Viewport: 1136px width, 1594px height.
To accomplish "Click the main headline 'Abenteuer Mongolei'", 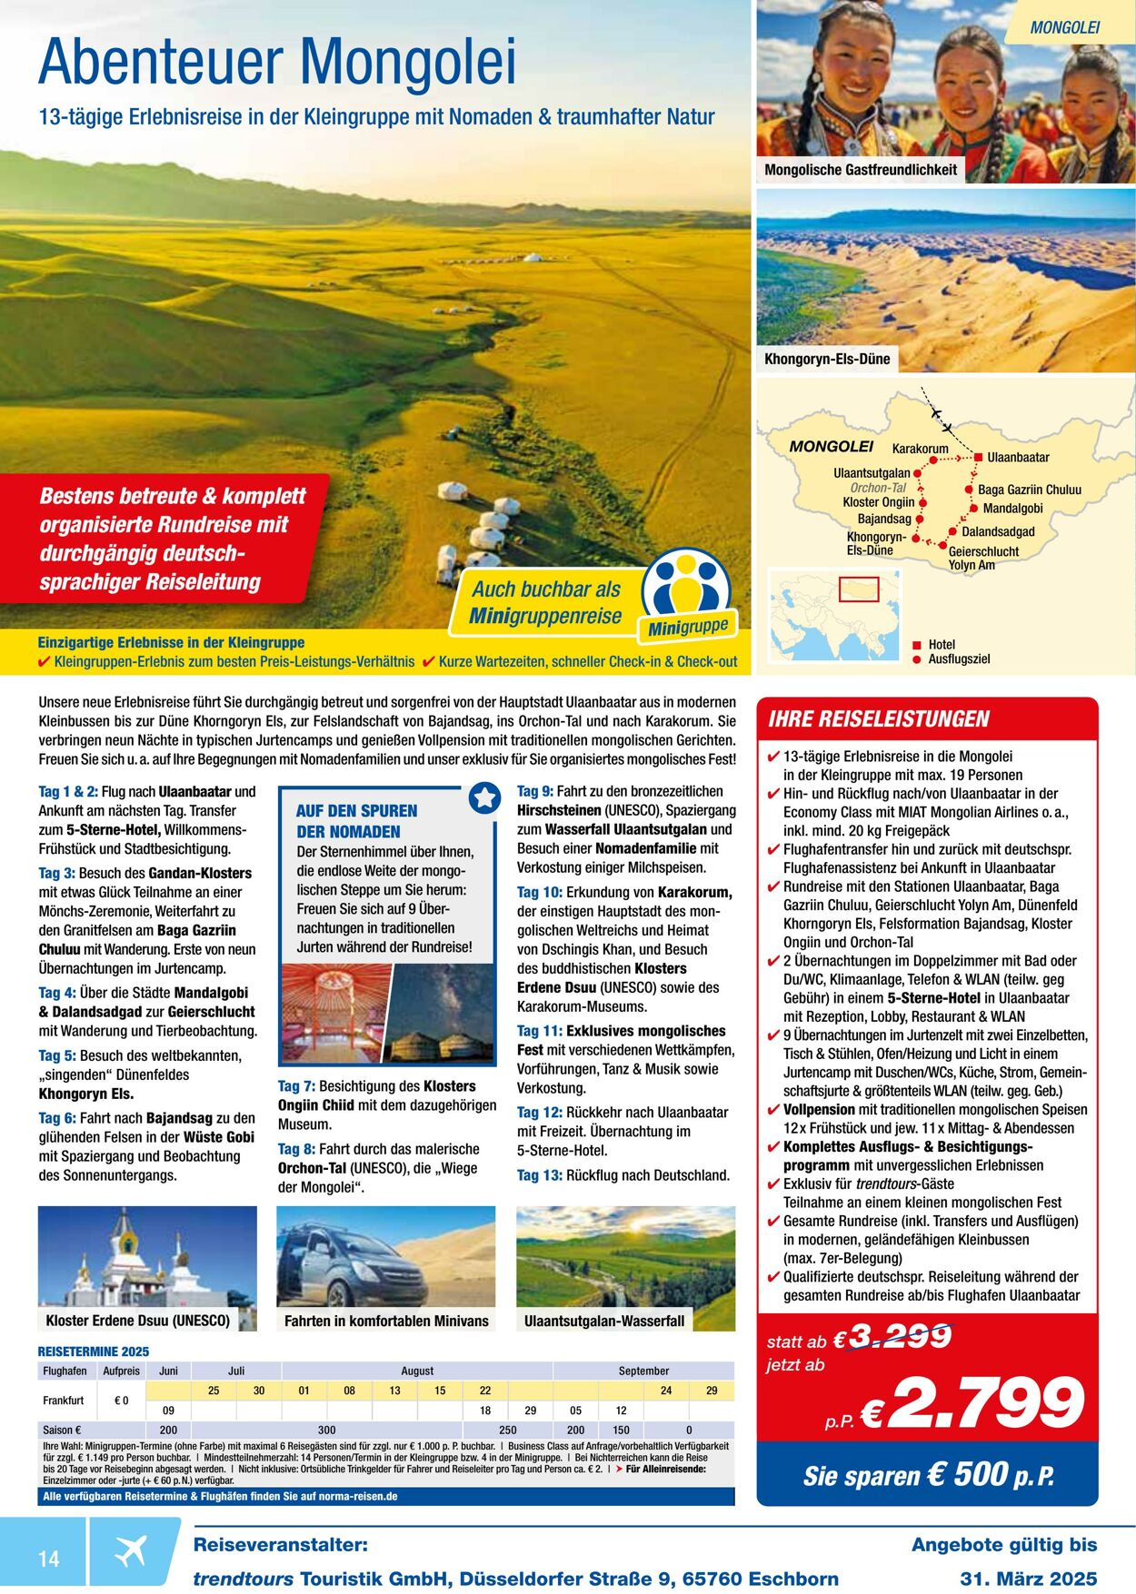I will click(x=277, y=62).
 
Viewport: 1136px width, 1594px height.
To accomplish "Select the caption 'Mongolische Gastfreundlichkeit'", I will click(x=860, y=170).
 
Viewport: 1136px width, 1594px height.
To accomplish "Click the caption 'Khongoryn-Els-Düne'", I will click(x=827, y=359).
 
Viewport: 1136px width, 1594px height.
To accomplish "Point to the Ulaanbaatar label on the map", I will click(x=1018, y=457).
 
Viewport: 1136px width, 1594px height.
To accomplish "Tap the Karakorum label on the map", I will click(x=920, y=449).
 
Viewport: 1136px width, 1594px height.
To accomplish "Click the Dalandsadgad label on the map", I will click(x=998, y=531).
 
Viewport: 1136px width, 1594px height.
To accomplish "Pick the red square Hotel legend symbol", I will click(x=916, y=645).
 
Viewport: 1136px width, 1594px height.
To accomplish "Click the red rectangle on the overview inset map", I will click(x=858, y=589).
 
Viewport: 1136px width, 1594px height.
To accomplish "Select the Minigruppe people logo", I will click(x=686, y=586).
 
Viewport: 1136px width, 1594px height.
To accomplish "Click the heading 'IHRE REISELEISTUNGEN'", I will click(x=878, y=719).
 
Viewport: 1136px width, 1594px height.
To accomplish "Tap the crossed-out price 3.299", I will click(x=899, y=1336).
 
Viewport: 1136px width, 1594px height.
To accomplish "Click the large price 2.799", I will click(x=987, y=1403).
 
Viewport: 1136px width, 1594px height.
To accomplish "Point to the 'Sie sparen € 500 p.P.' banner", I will click(x=928, y=1474).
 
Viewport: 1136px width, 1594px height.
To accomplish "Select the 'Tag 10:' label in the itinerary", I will click(x=540, y=892).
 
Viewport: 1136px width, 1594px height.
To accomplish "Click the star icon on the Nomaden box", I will click(x=484, y=797).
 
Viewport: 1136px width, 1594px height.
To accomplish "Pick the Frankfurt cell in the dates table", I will click(x=64, y=1400).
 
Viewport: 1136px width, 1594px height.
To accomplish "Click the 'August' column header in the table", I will click(x=417, y=1371).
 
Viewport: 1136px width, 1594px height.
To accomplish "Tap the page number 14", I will click(x=48, y=1559).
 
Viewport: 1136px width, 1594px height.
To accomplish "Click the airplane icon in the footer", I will click(x=131, y=1552).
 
